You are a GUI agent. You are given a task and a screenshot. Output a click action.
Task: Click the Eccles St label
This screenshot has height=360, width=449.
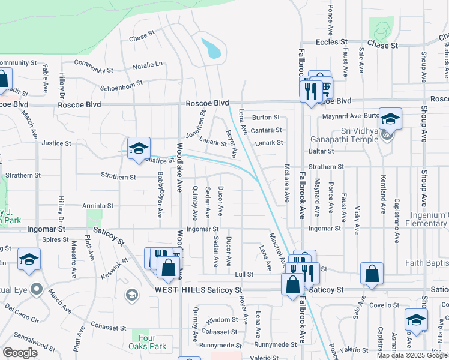332,43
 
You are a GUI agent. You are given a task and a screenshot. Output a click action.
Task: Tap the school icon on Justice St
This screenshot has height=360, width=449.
139,148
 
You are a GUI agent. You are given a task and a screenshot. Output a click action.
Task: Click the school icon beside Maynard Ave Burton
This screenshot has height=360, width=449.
390,119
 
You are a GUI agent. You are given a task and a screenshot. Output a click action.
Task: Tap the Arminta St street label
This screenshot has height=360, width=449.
98,206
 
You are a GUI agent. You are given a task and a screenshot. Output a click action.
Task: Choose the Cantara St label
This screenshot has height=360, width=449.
267,130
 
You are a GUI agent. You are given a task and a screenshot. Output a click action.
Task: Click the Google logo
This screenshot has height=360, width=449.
20,353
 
